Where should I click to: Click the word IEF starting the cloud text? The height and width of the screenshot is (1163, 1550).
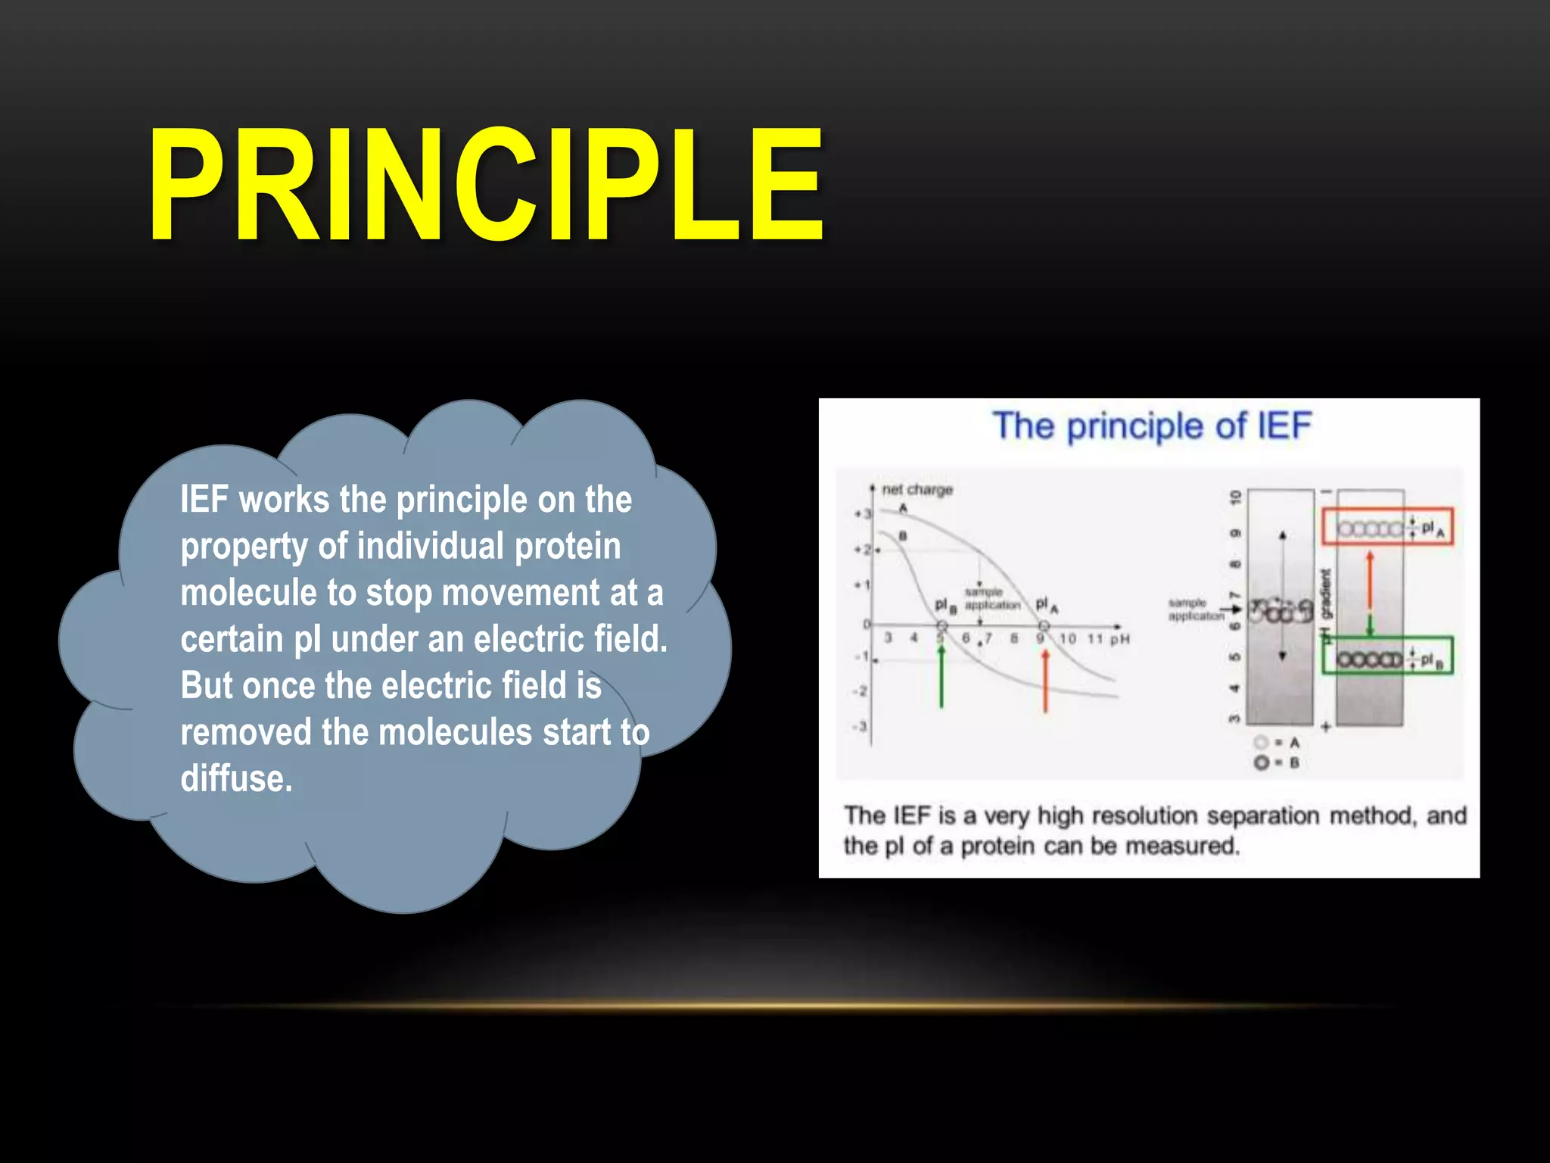click(x=204, y=500)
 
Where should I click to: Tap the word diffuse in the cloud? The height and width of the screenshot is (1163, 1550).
click(x=236, y=778)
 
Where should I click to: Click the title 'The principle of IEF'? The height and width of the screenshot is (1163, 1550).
click(x=1151, y=426)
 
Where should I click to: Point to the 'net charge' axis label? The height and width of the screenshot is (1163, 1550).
click(x=917, y=490)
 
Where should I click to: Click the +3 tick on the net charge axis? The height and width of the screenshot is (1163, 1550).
click(x=863, y=514)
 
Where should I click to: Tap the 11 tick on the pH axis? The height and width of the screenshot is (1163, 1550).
click(x=1094, y=639)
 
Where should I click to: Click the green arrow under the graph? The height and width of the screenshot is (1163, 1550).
click(x=942, y=678)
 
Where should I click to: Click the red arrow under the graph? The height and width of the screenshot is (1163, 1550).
click(x=1045, y=680)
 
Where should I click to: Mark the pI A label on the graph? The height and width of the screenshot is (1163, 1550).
click(x=1046, y=604)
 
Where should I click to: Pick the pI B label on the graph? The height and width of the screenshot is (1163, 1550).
click(x=945, y=605)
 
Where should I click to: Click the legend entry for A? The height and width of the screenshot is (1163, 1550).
click(x=1277, y=743)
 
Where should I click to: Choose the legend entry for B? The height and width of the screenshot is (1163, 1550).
click(x=1277, y=762)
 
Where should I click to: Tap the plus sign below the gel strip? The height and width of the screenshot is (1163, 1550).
click(x=1325, y=728)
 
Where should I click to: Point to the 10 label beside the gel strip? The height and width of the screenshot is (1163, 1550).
click(x=1235, y=497)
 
